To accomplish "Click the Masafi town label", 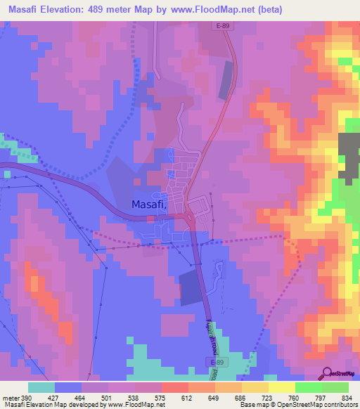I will pos(148,204).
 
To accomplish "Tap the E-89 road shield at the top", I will pos(223,27).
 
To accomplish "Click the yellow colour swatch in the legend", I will pos(281,387).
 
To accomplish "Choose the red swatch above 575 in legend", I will pos(174,387).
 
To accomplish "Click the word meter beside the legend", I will pos(10,396).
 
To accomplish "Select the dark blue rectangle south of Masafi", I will pos(189,288).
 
